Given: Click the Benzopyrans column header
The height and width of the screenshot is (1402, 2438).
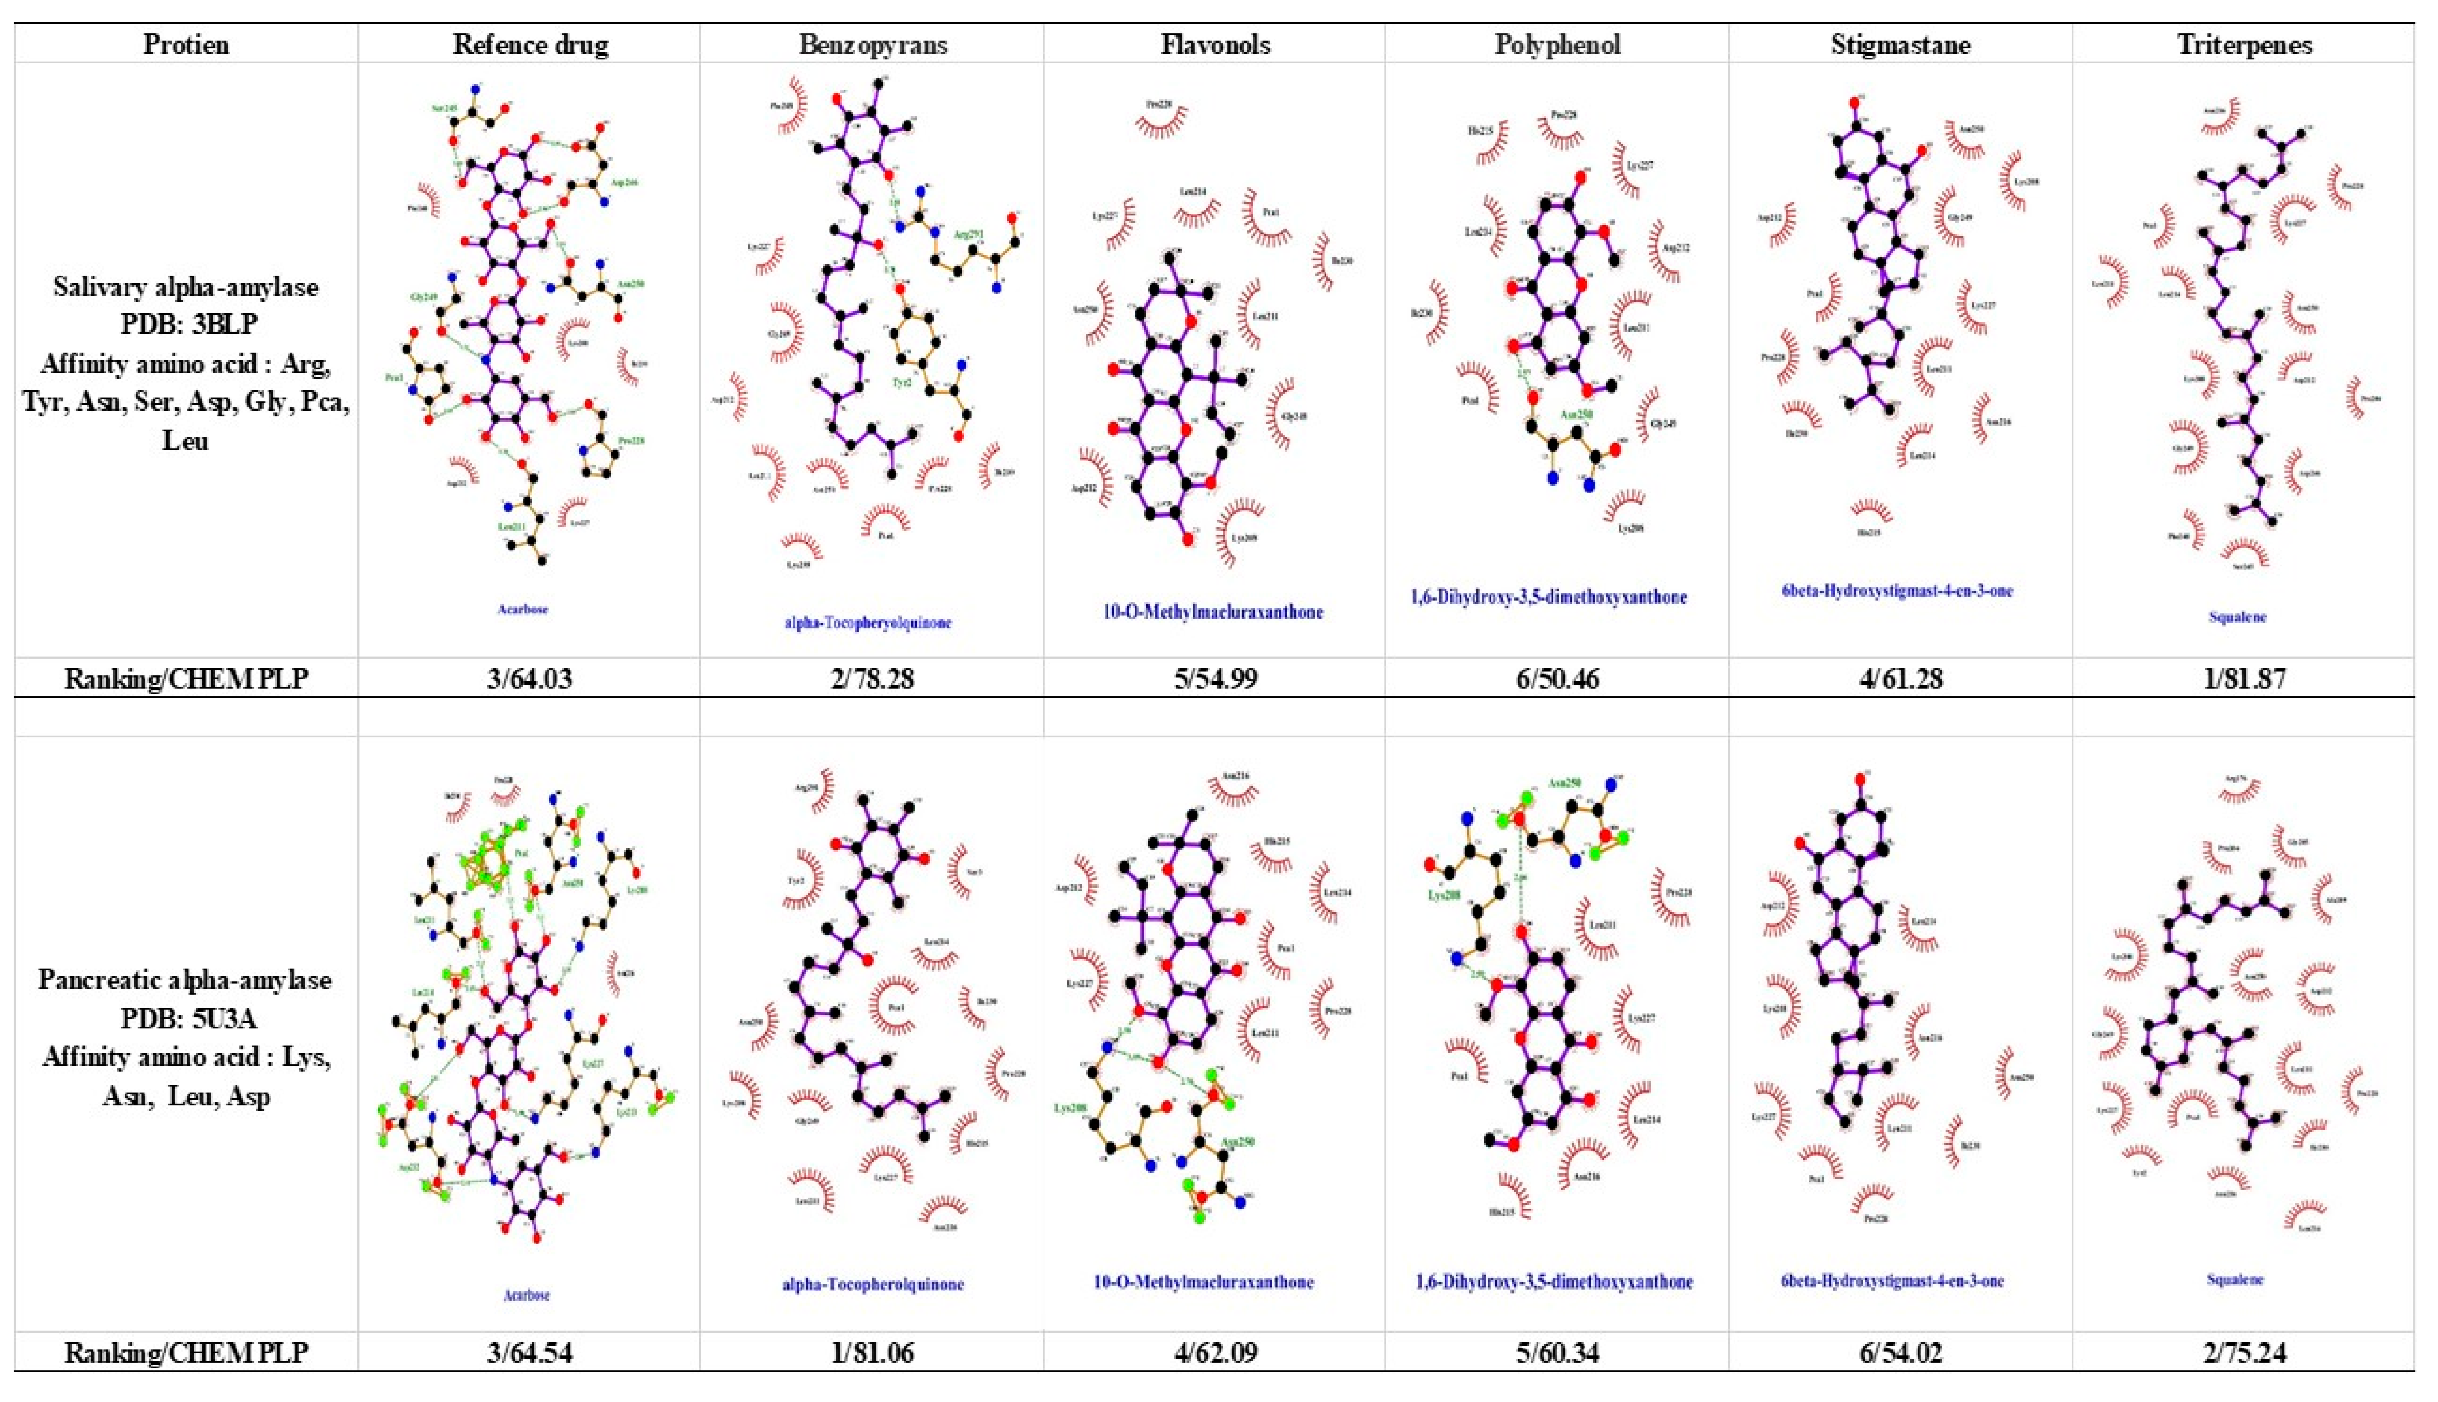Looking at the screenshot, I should pos(872,44).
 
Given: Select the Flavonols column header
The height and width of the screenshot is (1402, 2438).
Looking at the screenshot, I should pos(1215,44).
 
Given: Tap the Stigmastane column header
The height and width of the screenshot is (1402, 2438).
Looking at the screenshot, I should pos(1901,44).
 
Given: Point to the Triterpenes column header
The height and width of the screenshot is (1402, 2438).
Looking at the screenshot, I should pos(2244,44).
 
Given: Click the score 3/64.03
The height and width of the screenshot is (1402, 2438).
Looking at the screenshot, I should pos(530,679).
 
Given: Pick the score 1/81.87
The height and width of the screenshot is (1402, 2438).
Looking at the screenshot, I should pos(2244,679).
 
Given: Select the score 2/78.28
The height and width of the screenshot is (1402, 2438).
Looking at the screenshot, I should pos(872,679).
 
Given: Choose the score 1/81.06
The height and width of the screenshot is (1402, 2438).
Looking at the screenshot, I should pos(872,1353).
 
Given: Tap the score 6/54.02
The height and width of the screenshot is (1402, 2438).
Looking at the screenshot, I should pos(1901,1353).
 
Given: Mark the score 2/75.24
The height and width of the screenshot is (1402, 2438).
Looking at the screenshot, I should pos(2244,1353).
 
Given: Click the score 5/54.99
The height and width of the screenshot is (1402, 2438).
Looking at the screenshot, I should pos(1215,679).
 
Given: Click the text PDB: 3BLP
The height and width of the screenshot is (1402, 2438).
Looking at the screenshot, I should pos(189,324).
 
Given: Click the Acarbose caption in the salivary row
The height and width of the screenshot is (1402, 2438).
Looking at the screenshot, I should pos(523,609).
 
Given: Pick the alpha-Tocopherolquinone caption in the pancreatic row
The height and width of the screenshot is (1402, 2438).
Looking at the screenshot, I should pos(872,1284).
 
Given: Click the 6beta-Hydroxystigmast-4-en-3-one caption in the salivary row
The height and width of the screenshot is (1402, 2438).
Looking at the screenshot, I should pos(1897,590).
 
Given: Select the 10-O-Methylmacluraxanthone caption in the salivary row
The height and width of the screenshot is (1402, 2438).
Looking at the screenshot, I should pos(1213,611).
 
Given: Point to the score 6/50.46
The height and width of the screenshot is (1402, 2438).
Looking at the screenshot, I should pos(1557,679).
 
